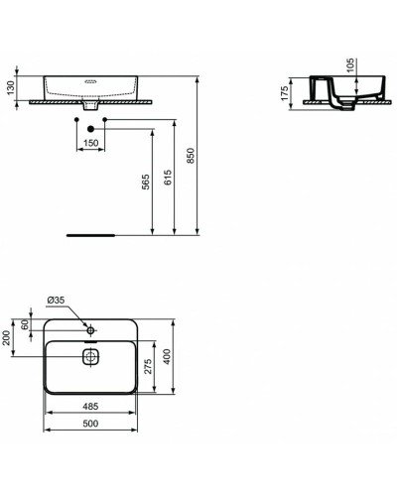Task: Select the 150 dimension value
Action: (x=91, y=144)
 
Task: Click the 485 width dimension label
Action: (x=90, y=408)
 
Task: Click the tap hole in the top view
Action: (x=90, y=328)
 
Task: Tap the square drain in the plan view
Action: (x=90, y=356)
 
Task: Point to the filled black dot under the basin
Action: (x=90, y=129)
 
